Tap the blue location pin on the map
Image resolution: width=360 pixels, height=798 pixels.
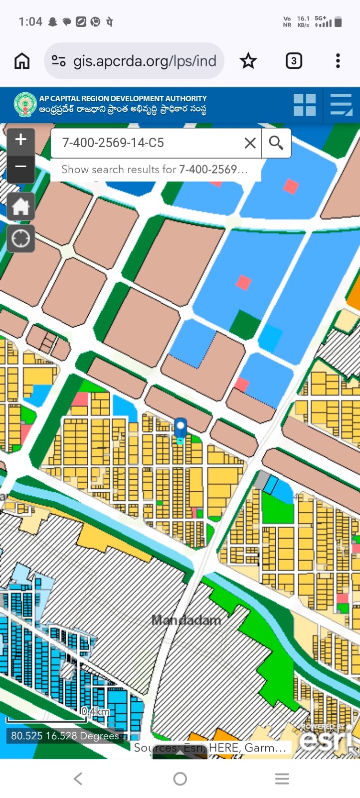[180, 428]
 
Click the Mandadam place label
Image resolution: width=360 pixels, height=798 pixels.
[186, 620]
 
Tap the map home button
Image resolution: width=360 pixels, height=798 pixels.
[21, 206]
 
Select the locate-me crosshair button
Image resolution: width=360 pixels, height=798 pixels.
[21, 238]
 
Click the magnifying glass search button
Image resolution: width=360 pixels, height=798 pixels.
[276, 143]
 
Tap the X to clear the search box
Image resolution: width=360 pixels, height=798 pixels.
[250, 143]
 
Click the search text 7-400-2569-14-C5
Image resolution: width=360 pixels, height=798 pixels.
[113, 143]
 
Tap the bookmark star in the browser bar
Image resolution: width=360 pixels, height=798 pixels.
[248, 61]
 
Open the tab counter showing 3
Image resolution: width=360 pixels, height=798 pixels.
[294, 61]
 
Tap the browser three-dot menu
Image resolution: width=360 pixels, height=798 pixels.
[338, 61]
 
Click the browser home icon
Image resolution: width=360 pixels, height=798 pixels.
[22, 61]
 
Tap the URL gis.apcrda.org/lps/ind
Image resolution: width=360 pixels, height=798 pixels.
[144, 61]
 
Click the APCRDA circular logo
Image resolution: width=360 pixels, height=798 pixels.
[25, 104]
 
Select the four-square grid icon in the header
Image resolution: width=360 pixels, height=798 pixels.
[304, 105]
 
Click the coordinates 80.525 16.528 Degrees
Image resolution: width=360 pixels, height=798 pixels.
[65, 736]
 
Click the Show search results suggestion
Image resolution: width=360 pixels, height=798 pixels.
[155, 170]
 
